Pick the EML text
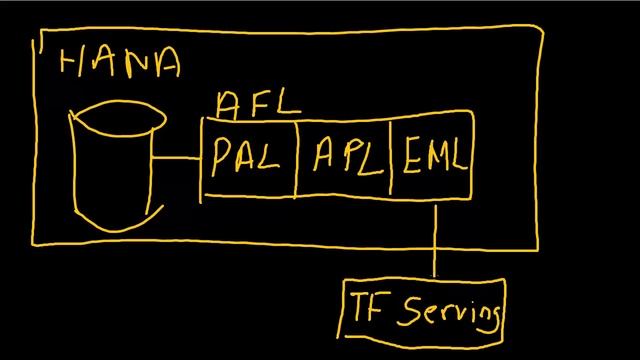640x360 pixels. click(437, 157)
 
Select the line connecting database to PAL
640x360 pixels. click(179, 158)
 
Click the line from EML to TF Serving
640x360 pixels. click(435, 240)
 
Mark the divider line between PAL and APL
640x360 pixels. click(297, 158)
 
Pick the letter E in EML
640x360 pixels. click(415, 157)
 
